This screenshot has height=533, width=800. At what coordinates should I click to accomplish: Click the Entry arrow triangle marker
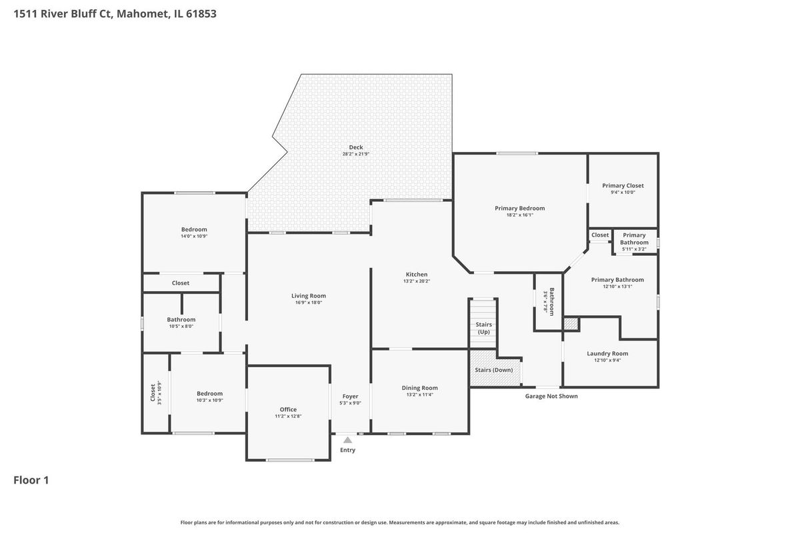click(347, 440)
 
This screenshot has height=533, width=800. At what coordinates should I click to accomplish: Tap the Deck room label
click(356, 147)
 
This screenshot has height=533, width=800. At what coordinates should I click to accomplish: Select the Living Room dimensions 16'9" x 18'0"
click(309, 302)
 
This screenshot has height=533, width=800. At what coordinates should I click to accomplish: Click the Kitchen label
click(417, 274)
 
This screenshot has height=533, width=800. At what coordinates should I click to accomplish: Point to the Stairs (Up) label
click(483, 328)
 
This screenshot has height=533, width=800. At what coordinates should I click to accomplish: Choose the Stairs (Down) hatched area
click(494, 368)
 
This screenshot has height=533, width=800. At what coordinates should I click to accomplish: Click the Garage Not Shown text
click(551, 396)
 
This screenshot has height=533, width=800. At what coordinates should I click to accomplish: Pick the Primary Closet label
click(623, 186)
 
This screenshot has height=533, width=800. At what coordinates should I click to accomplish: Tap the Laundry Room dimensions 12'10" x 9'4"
click(607, 360)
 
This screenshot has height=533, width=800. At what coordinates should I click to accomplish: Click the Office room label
click(288, 410)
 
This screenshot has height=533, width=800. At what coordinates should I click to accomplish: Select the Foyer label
click(350, 396)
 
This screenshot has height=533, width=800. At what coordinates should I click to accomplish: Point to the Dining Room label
click(419, 388)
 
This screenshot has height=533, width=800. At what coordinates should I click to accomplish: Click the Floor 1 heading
click(31, 480)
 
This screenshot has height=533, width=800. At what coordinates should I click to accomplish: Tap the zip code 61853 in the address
click(201, 13)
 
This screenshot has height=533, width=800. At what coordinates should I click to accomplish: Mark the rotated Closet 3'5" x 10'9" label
click(156, 392)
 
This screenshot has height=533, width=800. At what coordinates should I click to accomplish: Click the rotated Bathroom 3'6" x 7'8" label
click(548, 302)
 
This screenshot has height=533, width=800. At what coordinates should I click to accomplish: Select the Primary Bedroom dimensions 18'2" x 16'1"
click(519, 215)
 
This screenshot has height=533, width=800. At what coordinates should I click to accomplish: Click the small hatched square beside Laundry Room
click(571, 324)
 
